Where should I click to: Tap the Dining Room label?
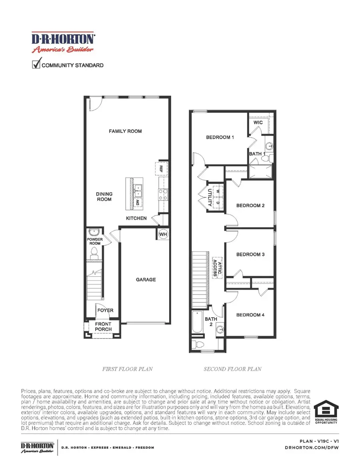coord(104,196)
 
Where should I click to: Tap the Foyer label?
coord(105,310)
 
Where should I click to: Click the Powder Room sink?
coord(94,232)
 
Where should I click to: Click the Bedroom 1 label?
coord(220,138)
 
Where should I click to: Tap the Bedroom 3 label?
coord(250,254)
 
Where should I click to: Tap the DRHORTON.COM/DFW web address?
coord(317,448)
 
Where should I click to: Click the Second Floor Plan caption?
coord(232,369)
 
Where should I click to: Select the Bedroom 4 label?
coord(250,315)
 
